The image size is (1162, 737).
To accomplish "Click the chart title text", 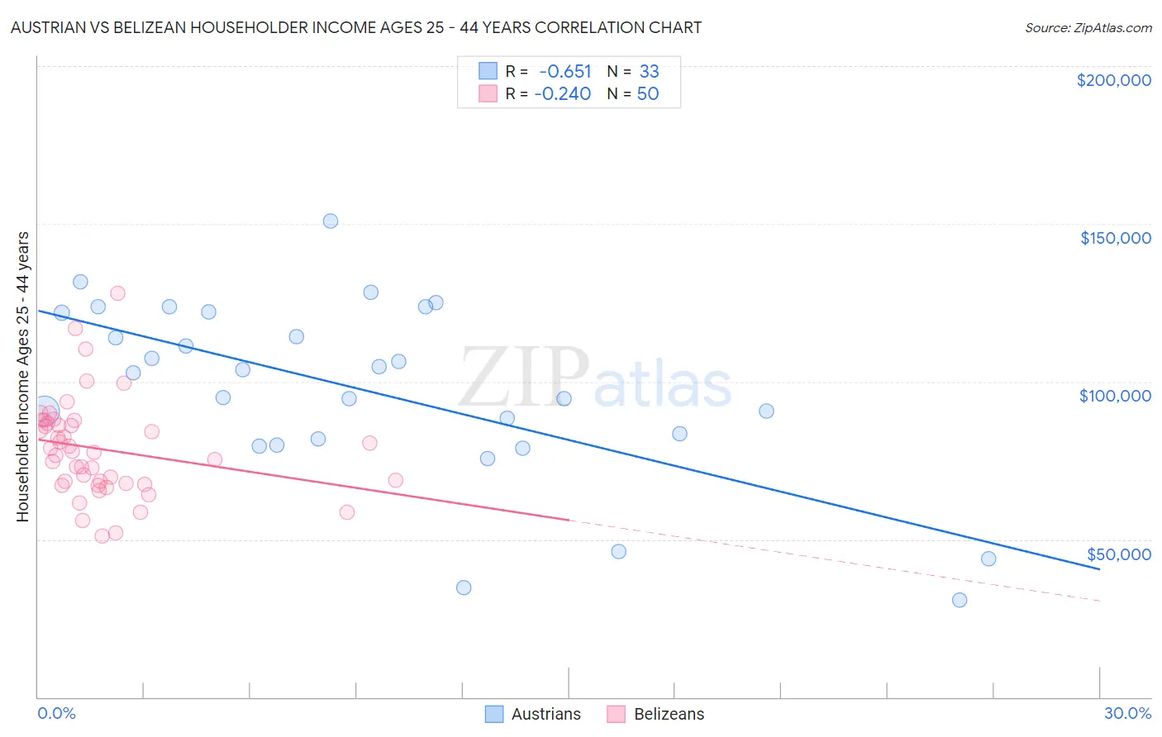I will (x=355, y=27).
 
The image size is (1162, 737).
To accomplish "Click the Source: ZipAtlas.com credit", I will (x=1088, y=27).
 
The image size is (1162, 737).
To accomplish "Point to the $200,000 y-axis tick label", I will (x=1113, y=80).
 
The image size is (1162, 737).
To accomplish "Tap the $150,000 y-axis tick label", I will (x=1115, y=238).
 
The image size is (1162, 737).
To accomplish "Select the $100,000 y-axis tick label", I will (x=1115, y=396).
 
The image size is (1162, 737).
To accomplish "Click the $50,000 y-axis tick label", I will (x=1118, y=554).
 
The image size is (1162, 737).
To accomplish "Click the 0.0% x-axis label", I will (x=56, y=713).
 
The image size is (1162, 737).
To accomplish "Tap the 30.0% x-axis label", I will (x=1127, y=713).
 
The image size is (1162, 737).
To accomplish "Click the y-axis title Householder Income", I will (x=22, y=376).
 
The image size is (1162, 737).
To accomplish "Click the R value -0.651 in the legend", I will (x=565, y=71).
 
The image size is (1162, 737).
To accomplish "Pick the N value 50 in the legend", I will (x=648, y=93).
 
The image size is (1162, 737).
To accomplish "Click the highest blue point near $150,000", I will (x=331, y=221).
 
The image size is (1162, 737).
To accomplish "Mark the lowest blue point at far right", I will (x=960, y=600).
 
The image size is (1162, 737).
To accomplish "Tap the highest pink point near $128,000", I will (x=117, y=293).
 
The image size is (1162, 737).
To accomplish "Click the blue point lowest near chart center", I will (x=464, y=587).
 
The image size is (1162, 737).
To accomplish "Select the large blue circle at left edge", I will (x=45, y=411).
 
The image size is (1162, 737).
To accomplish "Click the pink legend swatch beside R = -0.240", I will (x=488, y=93).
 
